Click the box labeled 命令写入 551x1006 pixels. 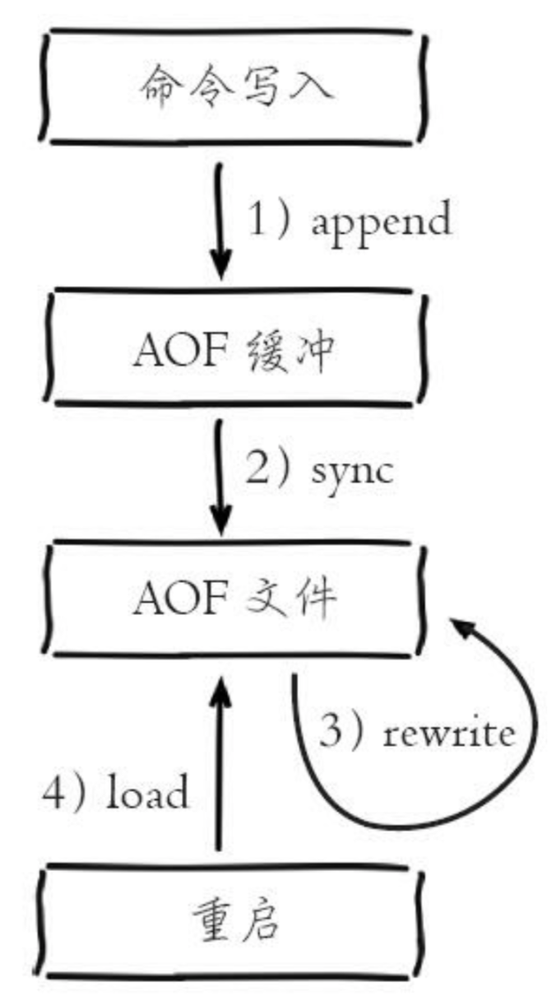234,86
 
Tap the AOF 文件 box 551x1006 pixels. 234,599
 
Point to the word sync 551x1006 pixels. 354,470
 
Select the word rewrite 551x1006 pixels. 449,732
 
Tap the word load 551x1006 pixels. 148,794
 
